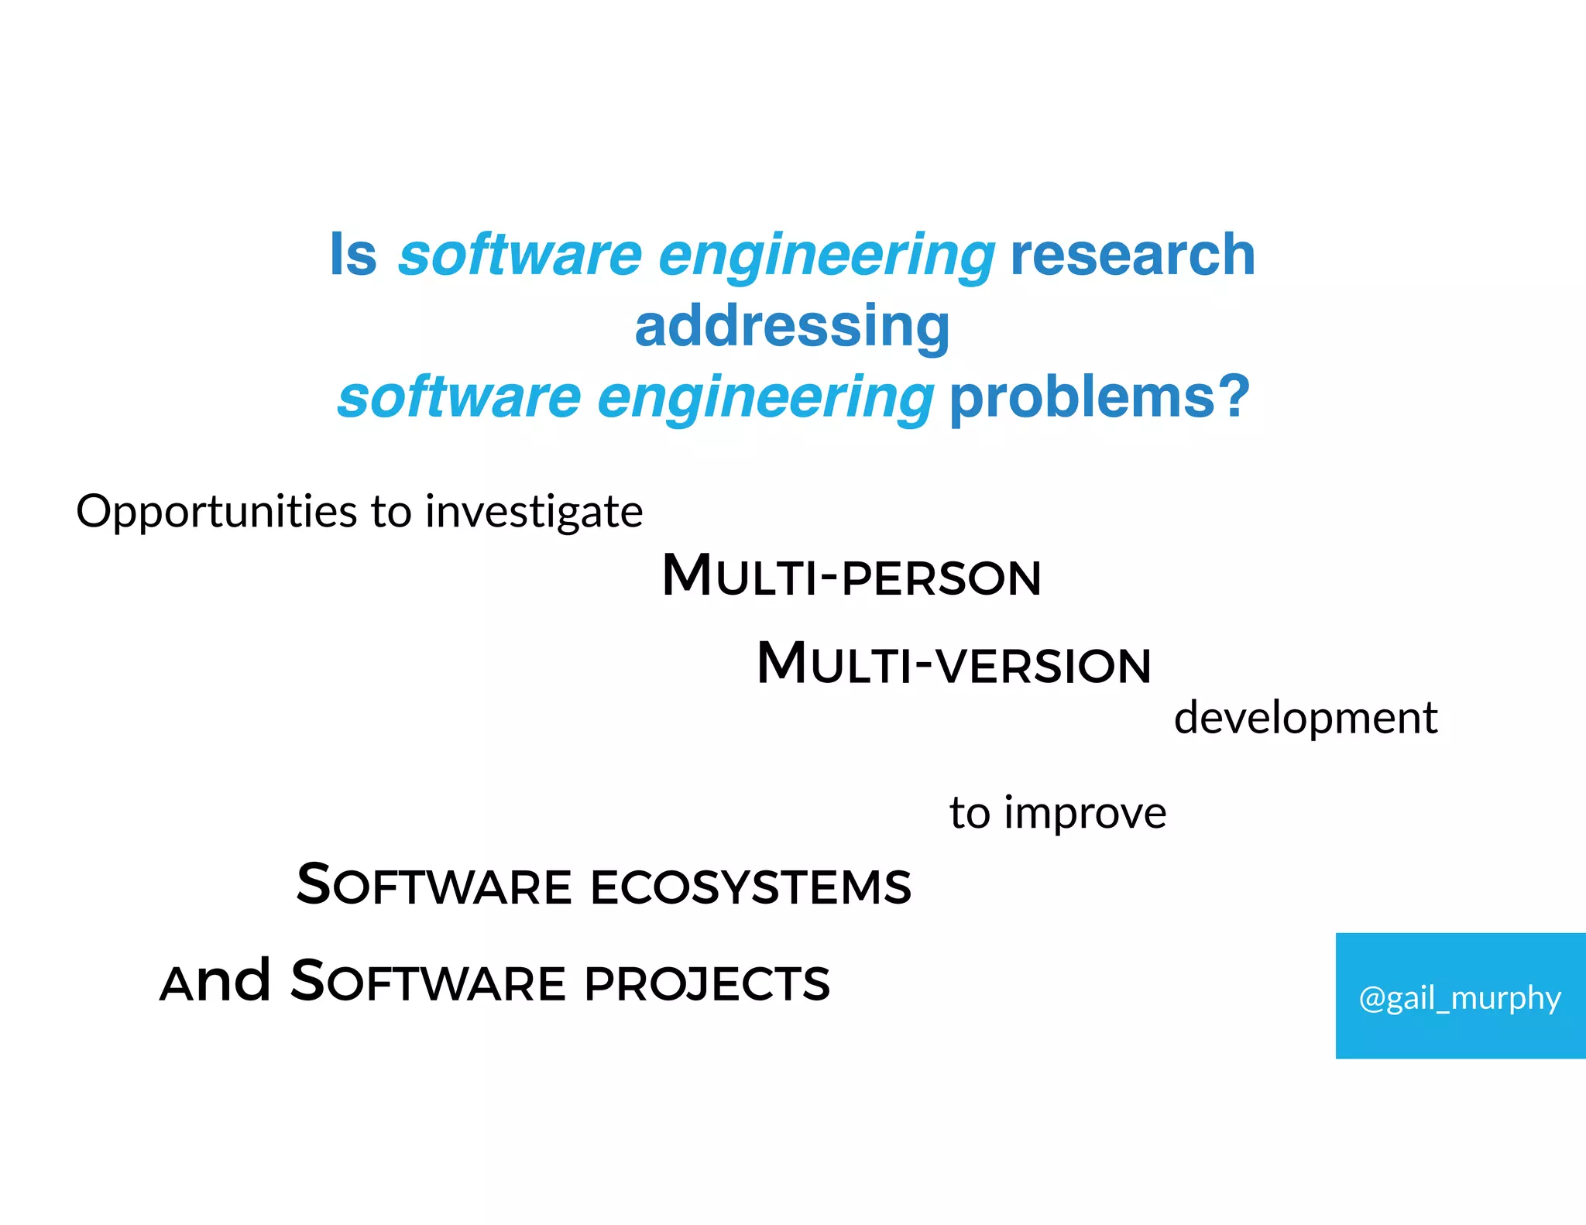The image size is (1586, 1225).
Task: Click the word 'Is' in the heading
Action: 353,255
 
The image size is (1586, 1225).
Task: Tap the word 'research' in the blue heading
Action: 1132,255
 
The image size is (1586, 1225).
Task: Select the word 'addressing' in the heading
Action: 792,327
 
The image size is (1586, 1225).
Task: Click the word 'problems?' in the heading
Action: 1100,397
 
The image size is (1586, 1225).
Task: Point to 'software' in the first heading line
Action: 520,255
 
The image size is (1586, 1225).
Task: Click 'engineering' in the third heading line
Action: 766,397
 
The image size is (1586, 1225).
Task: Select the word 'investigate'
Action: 534,513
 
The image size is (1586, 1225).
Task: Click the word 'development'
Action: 1306,718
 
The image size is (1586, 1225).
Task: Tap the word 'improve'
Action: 1085,813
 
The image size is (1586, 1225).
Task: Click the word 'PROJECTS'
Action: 707,983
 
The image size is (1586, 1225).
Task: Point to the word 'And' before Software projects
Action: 215,982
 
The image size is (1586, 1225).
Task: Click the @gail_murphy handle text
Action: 1460,997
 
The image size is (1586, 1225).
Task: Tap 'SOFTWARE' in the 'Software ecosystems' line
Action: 434,886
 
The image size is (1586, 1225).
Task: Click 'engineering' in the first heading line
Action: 826,255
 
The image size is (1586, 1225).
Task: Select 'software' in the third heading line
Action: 459,397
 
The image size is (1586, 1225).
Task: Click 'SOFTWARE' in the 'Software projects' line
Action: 428,982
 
